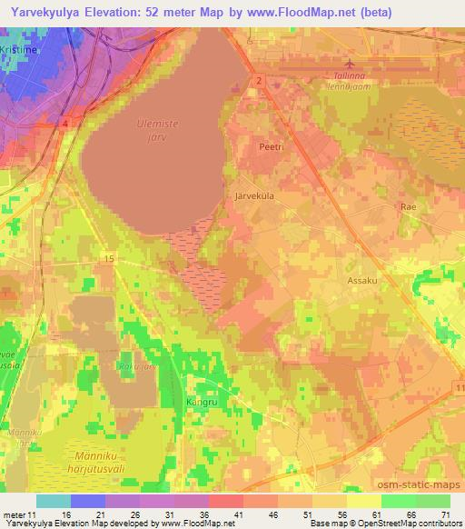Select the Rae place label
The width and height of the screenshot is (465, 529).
tap(408, 207)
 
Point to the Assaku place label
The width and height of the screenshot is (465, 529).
tap(362, 281)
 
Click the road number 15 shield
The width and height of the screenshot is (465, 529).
tap(108, 259)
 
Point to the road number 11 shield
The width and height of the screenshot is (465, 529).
tap(457, 388)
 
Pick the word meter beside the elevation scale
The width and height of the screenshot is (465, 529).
tap(14, 514)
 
